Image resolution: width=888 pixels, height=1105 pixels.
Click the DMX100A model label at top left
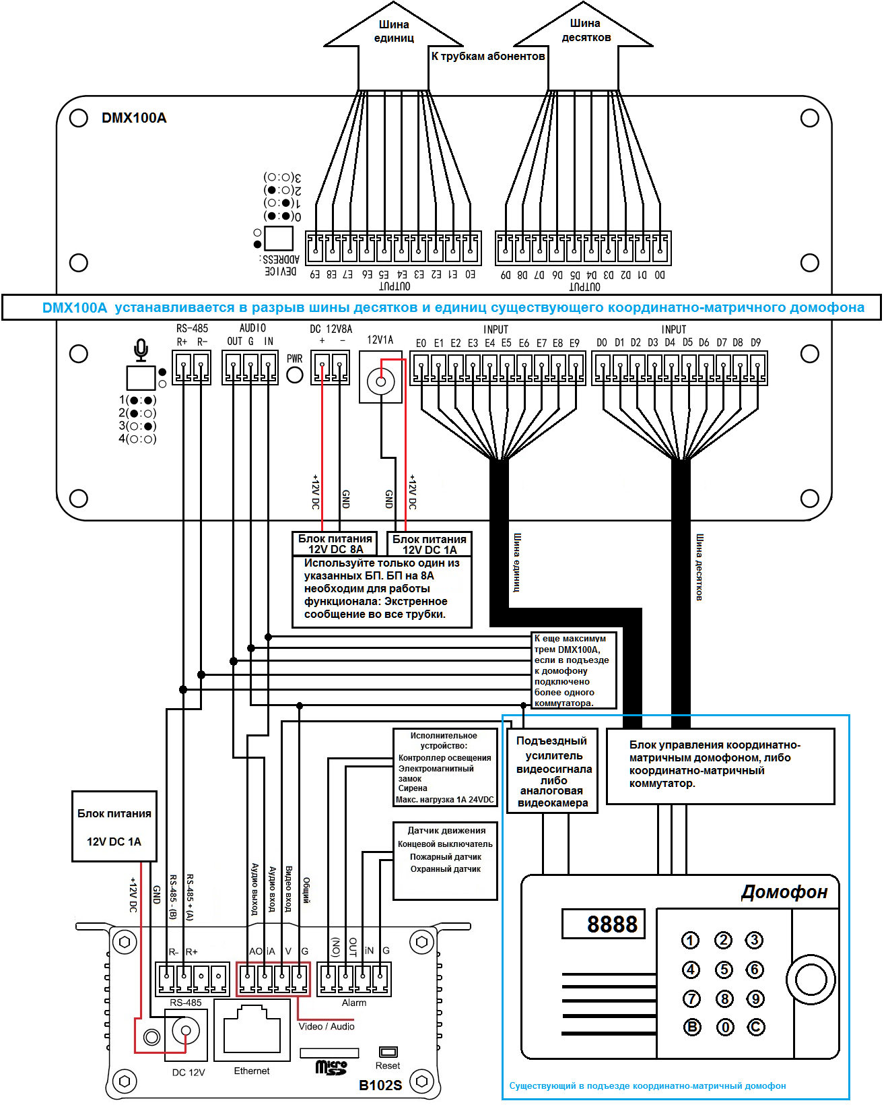click(x=134, y=118)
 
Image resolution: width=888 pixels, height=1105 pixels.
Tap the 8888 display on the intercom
click(x=604, y=924)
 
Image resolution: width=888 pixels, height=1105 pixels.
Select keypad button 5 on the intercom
click(x=724, y=970)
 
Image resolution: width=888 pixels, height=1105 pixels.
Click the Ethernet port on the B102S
click(x=252, y=1029)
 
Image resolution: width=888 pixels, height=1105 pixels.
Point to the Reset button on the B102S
click(x=388, y=1052)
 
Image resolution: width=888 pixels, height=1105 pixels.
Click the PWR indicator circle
click(x=295, y=375)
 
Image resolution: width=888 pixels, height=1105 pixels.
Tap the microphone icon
click(x=141, y=350)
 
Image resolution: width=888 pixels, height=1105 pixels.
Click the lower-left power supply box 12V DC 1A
click(x=114, y=827)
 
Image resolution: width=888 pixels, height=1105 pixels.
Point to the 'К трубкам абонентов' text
click(x=488, y=57)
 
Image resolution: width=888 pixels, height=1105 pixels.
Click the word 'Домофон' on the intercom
click(x=784, y=892)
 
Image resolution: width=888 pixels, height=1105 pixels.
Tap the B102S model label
click(x=380, y=1085)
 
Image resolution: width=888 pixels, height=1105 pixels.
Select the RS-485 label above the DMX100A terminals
click(x=192, y=329)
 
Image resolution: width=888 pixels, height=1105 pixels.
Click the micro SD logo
click(x=331, y=1067)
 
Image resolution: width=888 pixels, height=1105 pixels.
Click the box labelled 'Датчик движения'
click(x=446, y=860)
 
